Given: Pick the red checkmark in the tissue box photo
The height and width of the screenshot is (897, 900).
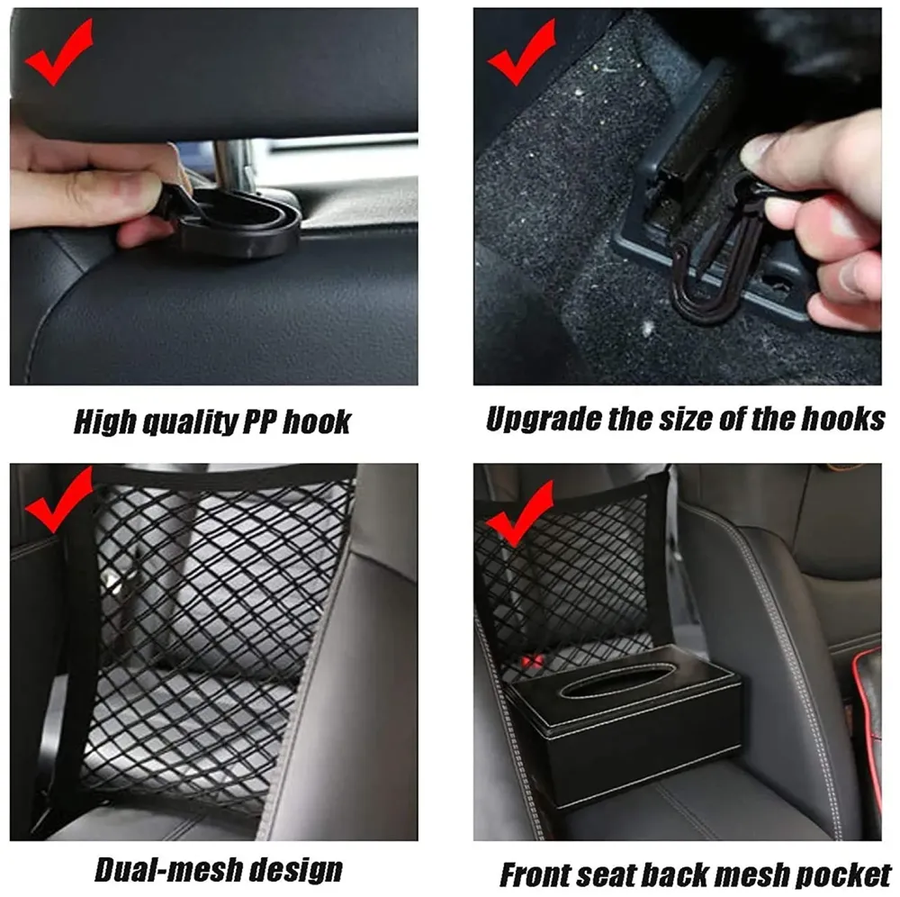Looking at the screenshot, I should pyautogui.click(x=520, y=514).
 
